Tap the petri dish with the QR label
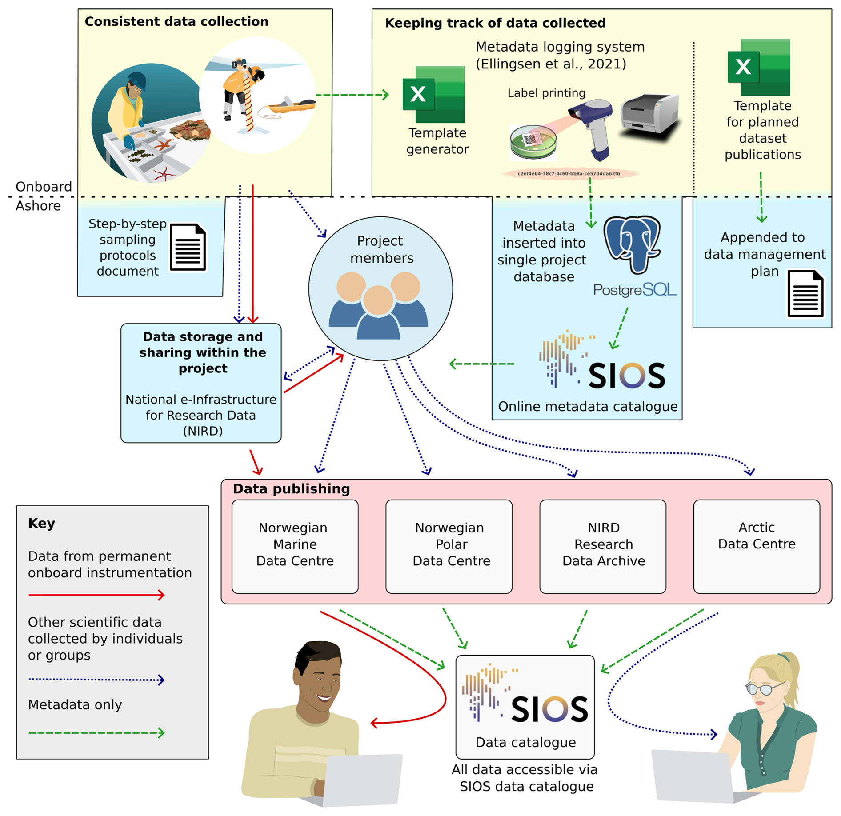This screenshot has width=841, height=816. [533, 142]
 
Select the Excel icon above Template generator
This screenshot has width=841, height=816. [433, 94]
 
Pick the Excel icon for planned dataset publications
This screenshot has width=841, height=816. [759, 67]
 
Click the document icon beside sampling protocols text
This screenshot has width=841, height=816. [188, 247]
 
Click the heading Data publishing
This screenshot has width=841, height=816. [291, 489]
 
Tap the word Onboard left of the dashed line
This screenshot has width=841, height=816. [44, 187]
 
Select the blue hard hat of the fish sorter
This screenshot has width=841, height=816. [137, 80]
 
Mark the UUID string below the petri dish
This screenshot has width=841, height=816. [569, 174]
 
